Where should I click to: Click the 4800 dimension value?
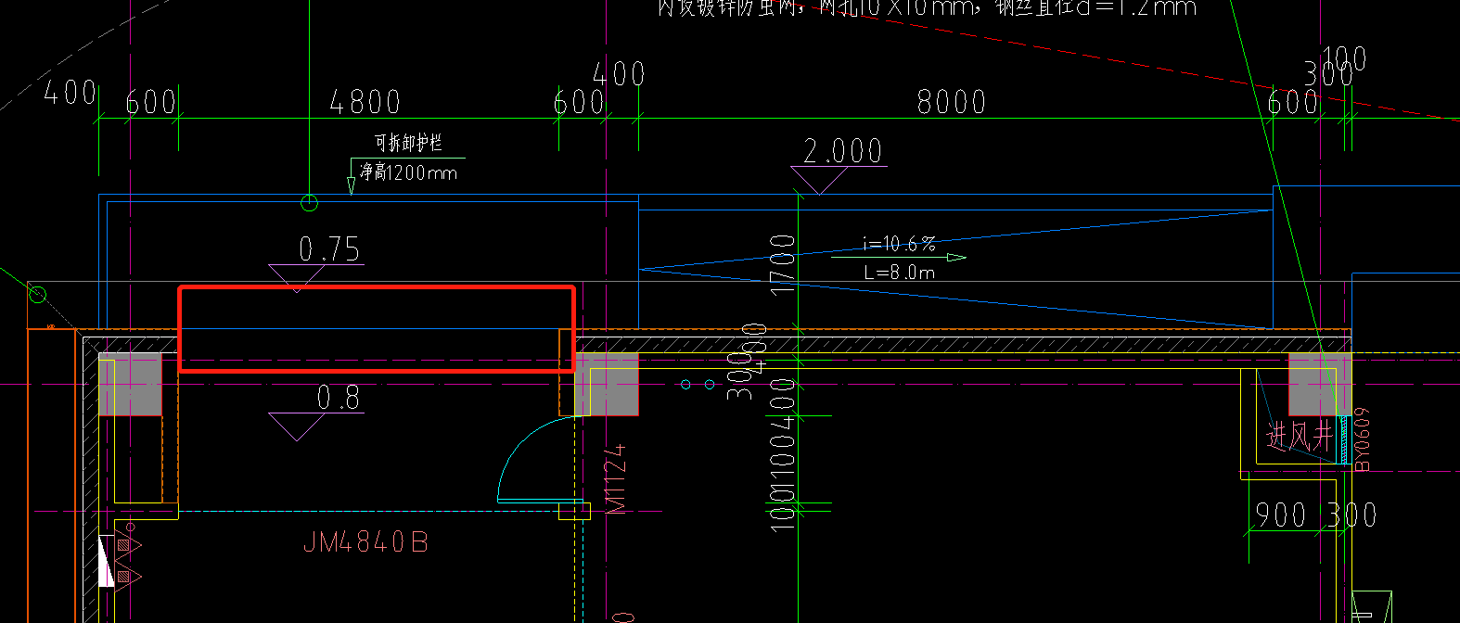click(365, 102)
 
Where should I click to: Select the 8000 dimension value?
click(951, 102)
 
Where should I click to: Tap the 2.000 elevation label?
click(842, 151)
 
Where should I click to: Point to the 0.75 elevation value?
click(329, 249)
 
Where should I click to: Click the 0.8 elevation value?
click(338, 398)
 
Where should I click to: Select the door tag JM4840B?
click(365, 542)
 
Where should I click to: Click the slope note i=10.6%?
click(899, 244)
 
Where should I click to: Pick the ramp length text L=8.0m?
click(899, 273)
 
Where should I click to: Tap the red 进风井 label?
click(1300, 436)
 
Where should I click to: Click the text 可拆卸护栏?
click(408, 143)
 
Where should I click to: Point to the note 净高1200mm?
click(409, 172)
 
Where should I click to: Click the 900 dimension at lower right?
click(1280, 515)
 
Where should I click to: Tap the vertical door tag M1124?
click(615, 478)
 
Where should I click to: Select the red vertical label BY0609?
click(1362, 439)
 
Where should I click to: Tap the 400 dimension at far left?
click(70, 93)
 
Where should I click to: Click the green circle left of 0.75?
click(37, 295)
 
